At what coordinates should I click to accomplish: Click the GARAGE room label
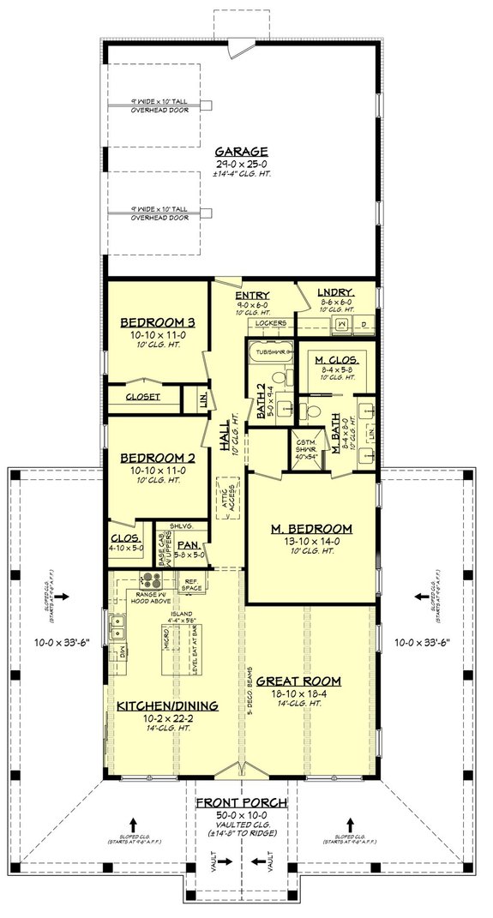pos(241,151)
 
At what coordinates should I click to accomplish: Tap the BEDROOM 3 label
pos(158,322)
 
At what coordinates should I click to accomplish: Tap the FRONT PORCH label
pos(240,802)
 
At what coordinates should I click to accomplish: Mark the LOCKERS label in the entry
pos(270,323)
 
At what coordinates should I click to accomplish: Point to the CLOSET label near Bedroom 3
pos(143,398)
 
